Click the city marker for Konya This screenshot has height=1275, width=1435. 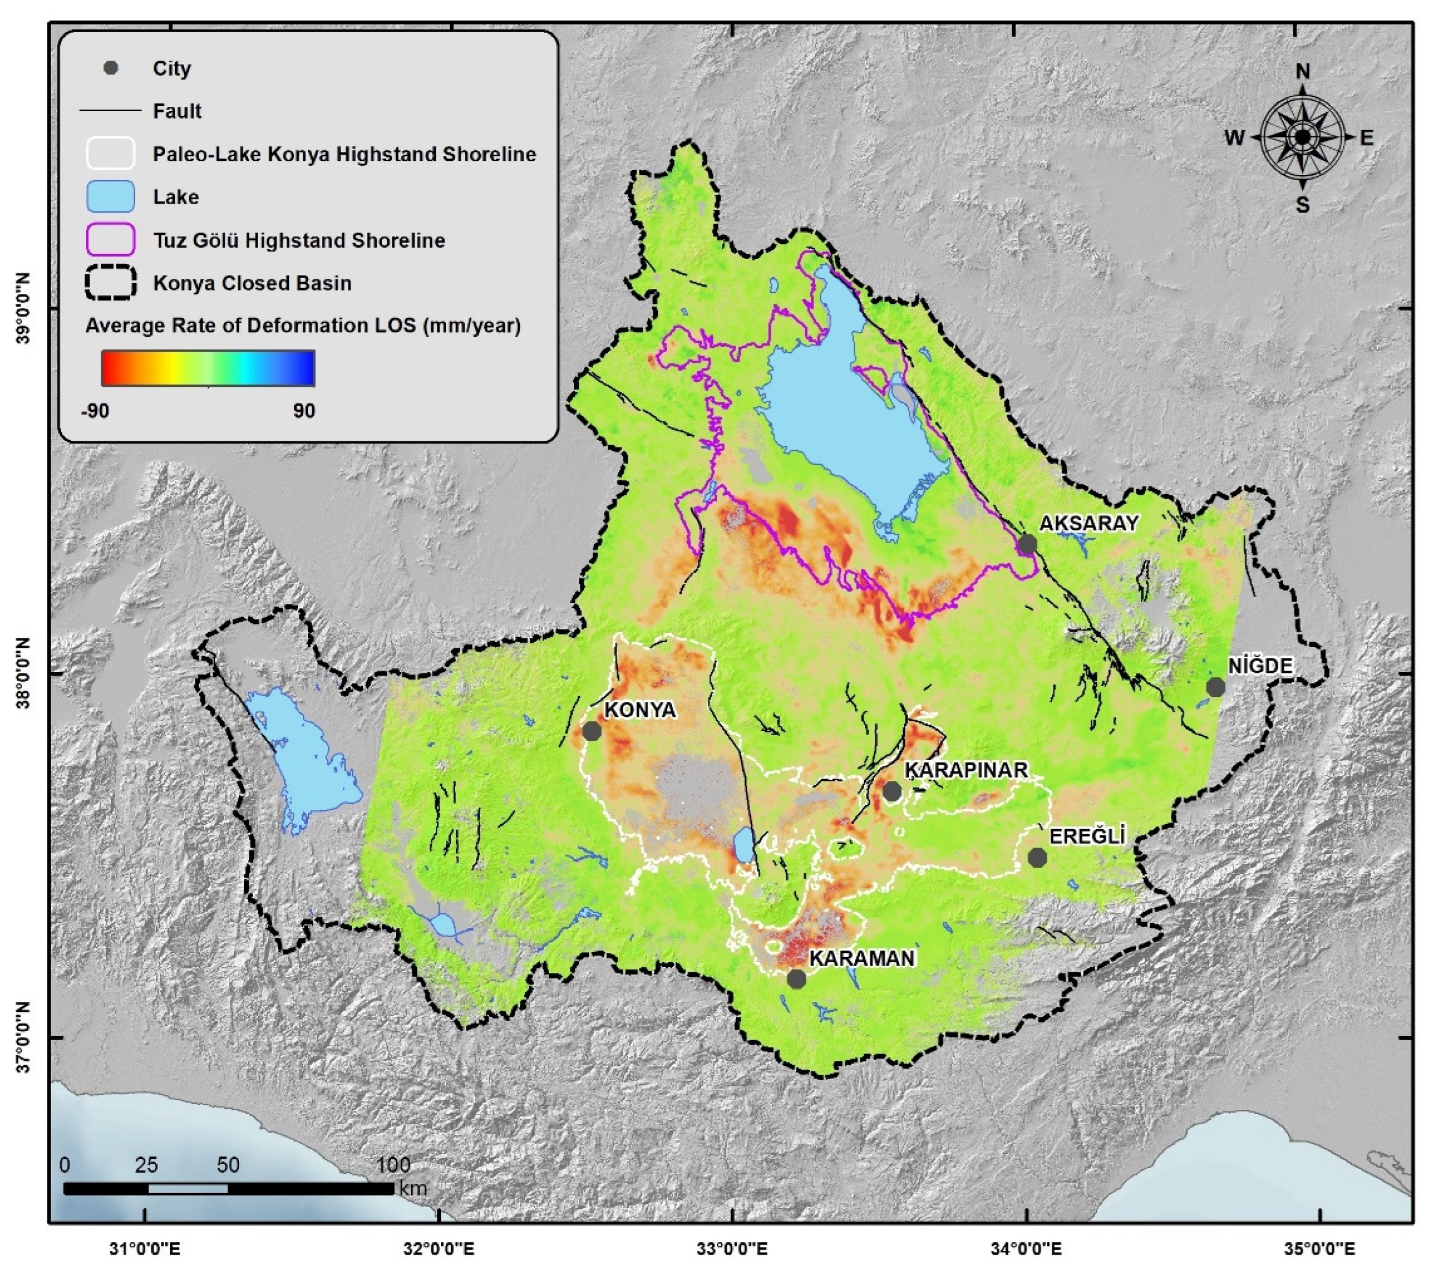(x=592, y=731)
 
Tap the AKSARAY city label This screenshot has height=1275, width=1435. (x=1088, y=523)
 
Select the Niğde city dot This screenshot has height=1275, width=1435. (x=1215, y=687)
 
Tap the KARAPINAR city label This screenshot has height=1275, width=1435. (x=966, y=769)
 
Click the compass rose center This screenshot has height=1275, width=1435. (x=1302, y=137)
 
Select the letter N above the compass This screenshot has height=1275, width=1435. (x=1302, y=72)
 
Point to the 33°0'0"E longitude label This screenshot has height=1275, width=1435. (x=732, y=1249)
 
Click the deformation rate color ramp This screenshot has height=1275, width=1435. (x=208, y=368)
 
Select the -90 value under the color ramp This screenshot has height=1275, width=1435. (x=96, y=411)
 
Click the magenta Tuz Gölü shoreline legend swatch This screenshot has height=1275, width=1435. (x=110, y=240)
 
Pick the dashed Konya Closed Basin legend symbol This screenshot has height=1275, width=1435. (x=110, y=283)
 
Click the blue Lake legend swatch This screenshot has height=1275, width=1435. (x=110, y=197)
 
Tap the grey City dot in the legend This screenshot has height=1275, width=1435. (x=110, y=68)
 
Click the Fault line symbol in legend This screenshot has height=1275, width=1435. (x=110, y=111)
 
